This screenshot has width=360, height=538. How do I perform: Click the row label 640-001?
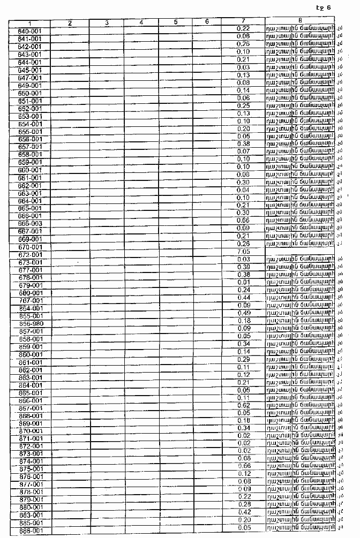tap(29, 31)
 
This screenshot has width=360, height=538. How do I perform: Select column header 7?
tap(243, 21)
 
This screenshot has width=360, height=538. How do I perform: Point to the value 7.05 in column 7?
tap(243, 251)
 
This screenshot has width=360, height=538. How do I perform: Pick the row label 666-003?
tap(29, 224)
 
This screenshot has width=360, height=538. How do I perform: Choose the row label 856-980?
tap(29, 324)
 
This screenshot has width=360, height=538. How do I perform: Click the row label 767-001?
tap(29, 301)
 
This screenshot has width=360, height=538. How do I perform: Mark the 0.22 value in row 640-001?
tap(243, 28)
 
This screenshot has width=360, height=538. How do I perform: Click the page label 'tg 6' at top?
tap(324, 7)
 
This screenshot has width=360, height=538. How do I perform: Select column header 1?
tap(29, 23)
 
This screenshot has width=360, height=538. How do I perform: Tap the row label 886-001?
tap(29, 531)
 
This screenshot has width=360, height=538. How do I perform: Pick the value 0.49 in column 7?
tap(243, 313)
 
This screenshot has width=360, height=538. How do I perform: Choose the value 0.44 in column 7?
tap(243, 297)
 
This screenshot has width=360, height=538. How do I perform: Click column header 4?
tap(141, 22)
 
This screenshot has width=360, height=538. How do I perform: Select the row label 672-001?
tap(29, 254)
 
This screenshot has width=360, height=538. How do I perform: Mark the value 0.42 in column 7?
tap(243, 512)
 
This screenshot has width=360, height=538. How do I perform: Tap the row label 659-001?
tap(29, 162)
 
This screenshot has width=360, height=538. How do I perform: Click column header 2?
tap(70, 22)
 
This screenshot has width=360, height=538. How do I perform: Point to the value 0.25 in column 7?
tap(243, 105)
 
